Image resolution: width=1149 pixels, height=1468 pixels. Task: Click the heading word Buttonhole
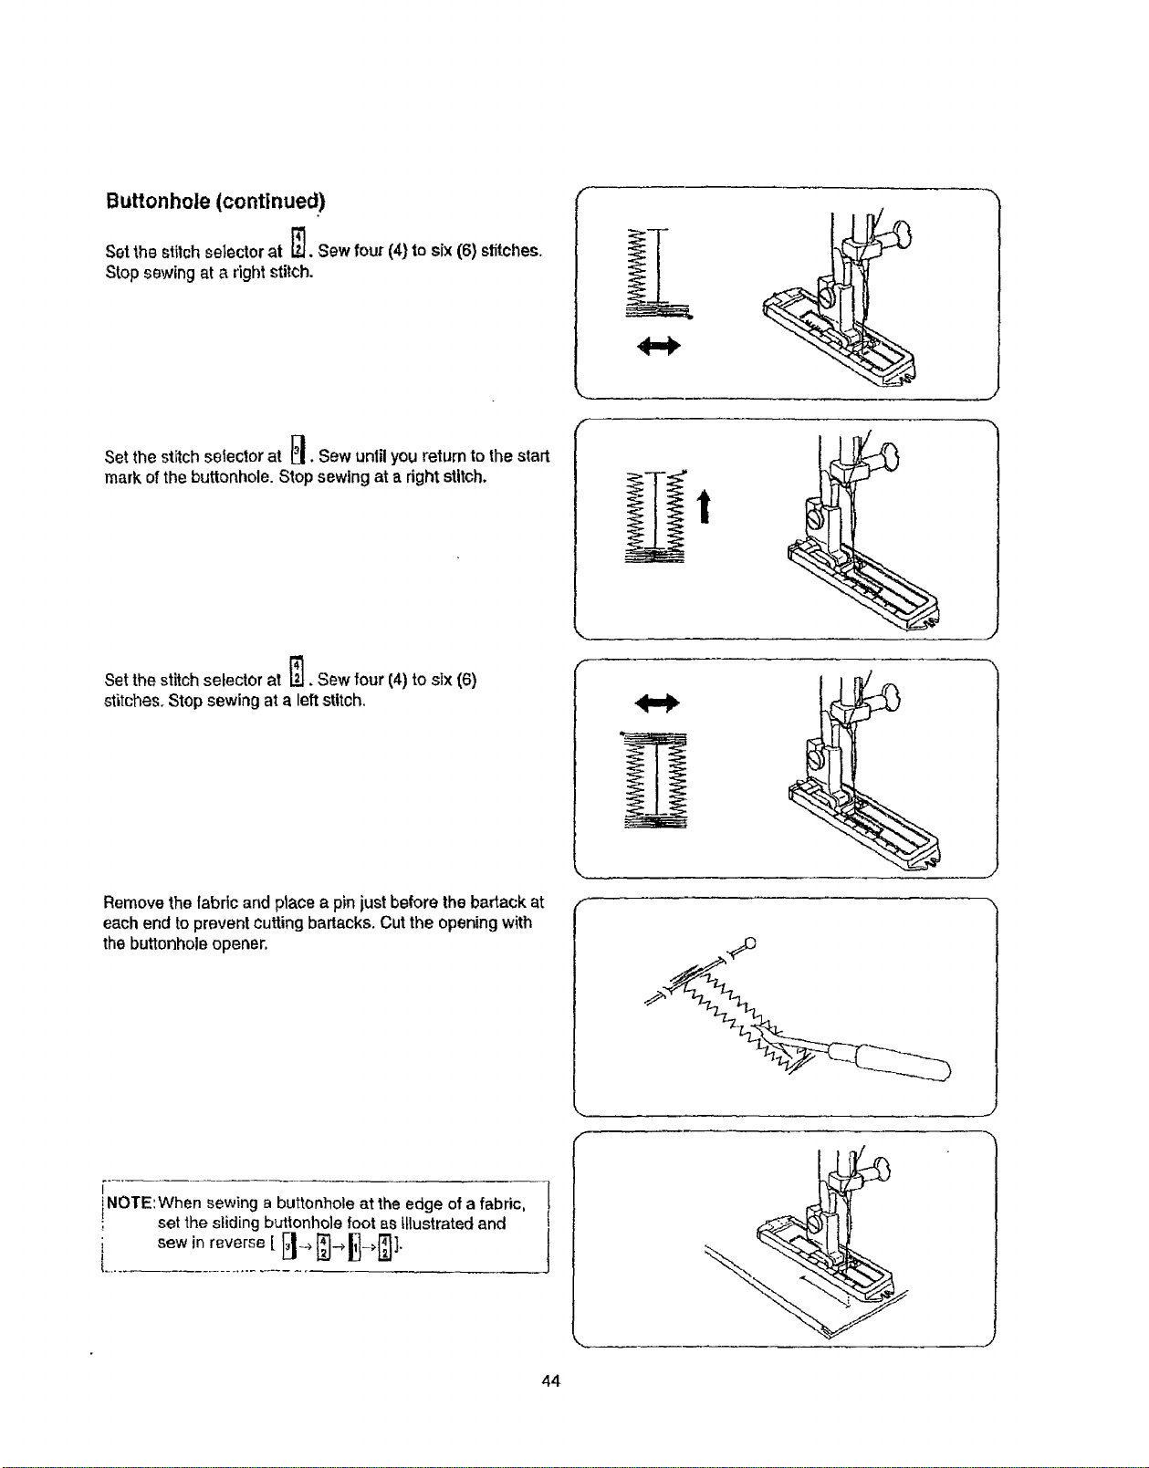tap(157, 202)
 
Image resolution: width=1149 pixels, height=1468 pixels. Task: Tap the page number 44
tap(550, 1380)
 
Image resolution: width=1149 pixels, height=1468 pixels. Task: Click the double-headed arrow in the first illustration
tap(659, 347)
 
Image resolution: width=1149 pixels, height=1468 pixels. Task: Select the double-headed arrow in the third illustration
tap(657, 703)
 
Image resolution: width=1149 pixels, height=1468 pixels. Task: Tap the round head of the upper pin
tap(749, 942)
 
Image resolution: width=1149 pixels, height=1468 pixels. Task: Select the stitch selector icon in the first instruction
tap(298, 243)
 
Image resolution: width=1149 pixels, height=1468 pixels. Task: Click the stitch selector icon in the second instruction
tap(298, 449)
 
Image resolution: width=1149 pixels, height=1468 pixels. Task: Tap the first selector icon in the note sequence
tap(288, 1244)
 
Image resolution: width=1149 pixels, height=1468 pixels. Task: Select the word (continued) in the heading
tap(270, 202)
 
